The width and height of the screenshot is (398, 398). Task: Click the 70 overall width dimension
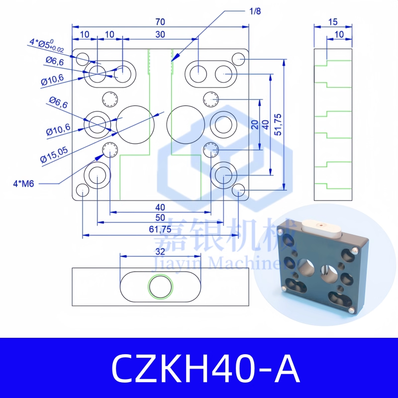(x=160, y=22)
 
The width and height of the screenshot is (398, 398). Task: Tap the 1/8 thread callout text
(x=255, y=11)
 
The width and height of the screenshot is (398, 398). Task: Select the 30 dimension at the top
(x=160, y=34)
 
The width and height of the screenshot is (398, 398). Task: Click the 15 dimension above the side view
(x=333, y=22)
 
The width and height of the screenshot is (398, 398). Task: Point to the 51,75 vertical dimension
(x=278, y=125)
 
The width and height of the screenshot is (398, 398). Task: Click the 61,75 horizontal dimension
(x=160, y=229)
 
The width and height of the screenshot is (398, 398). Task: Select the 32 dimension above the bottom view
(x=160, y=252)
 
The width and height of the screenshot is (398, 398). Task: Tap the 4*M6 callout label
(x=23, y=184)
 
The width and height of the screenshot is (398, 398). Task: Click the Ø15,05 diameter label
(x=54, y=155)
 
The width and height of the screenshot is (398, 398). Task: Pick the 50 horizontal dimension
(x=160, y=218)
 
